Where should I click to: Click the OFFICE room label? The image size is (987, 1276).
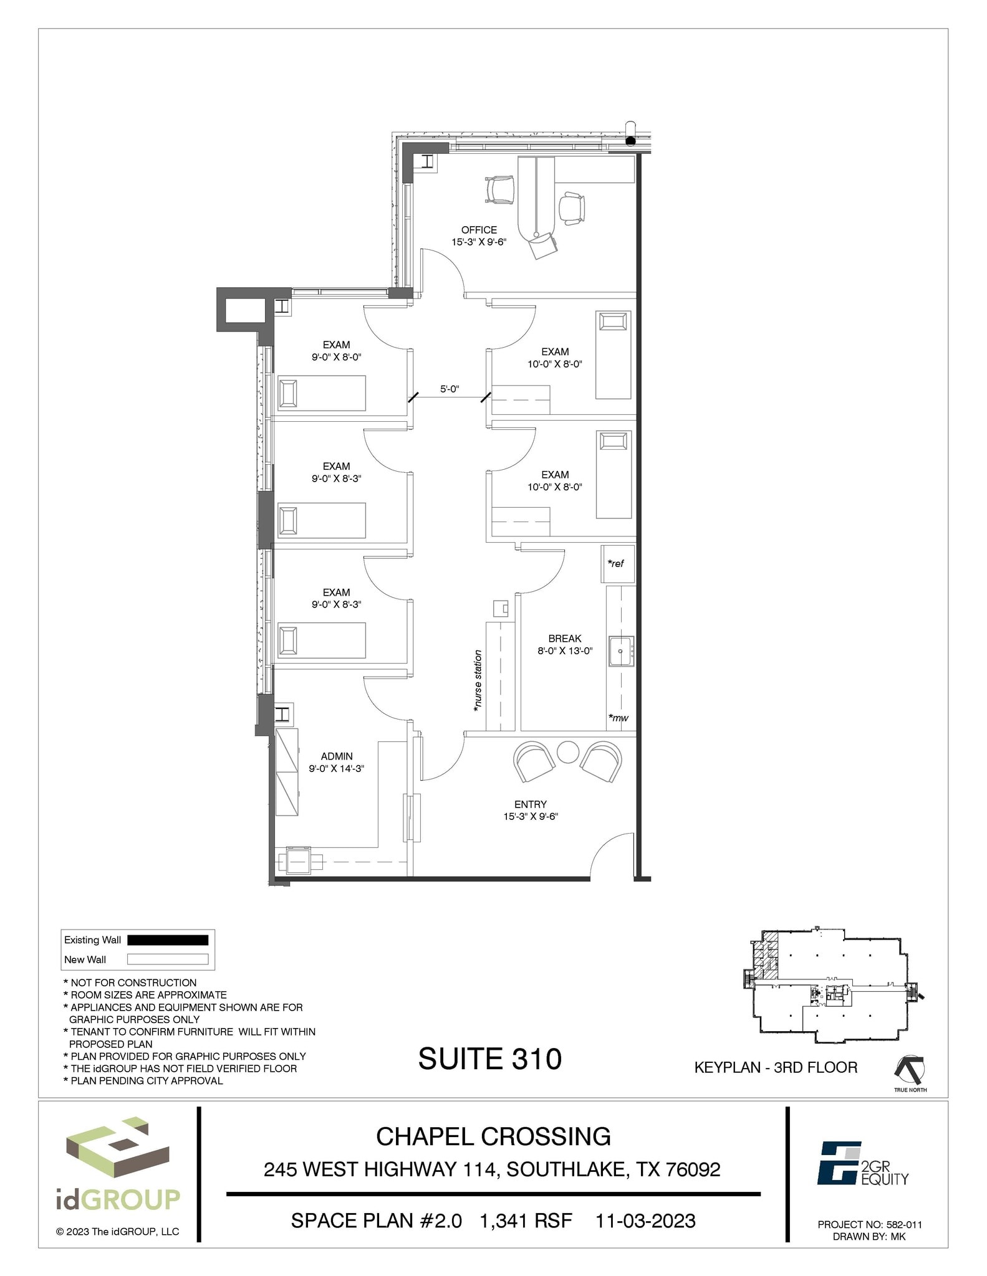tap(479, 230)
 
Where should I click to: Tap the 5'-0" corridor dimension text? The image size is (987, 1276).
tap(449, 389)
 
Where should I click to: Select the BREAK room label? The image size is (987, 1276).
tap(564, 639)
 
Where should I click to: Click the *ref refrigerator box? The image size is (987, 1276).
tap(617, 563)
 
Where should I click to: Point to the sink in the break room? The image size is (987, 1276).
tap(621, 651)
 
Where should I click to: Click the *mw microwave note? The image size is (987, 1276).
tap(619, 718)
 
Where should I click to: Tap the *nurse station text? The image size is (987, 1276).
tap(478, 681)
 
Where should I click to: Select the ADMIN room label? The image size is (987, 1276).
tap(337, 756)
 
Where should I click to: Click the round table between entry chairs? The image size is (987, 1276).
tap(568, 751)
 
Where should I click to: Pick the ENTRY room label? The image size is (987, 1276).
tap(530, 804)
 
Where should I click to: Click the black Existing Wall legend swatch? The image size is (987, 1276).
tap(168, 940)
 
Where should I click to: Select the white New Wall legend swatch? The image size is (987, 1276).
tap(168, 959)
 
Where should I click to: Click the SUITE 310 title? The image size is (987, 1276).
tap(489, 1059)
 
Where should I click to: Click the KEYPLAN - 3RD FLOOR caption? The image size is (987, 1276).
tap(776, 1067)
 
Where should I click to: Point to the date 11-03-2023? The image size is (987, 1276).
tap(645, 1221)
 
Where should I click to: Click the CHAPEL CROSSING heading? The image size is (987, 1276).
tap(493, 1137)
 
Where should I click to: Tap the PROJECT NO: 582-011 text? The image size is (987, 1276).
tap(869, 1224)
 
